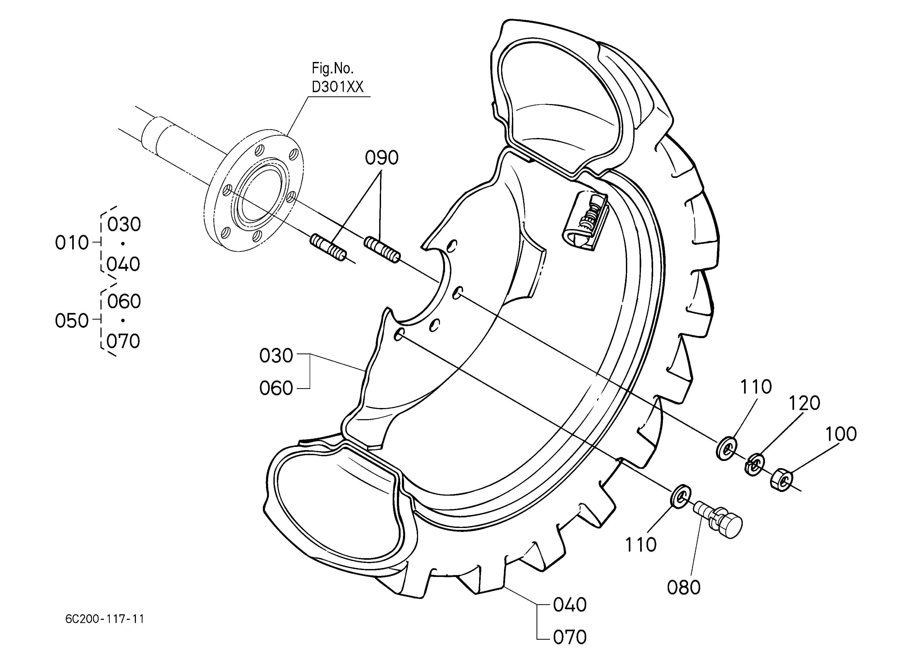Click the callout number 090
381,158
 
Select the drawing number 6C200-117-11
104,619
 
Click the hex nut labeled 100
782,479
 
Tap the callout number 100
841,434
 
